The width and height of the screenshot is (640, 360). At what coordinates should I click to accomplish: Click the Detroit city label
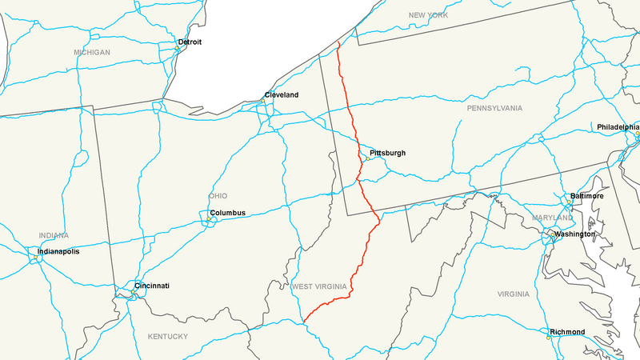[x=190, y=42]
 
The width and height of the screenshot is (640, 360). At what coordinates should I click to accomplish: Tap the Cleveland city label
[x=282, y=95]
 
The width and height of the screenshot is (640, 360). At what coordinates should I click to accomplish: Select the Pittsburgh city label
[x=388, y=153]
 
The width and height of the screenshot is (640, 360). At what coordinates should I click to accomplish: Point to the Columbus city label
[x=227, y=213]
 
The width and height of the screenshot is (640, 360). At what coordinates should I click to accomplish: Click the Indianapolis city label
[x=58, y=251]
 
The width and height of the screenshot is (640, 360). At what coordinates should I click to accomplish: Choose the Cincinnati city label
[x=151, y=286]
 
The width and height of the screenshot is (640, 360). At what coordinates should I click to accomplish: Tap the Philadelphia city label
[x=618, y=127]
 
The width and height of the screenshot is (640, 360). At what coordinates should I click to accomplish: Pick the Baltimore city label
[x=587, y=196]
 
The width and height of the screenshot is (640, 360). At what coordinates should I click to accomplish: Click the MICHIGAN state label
[x=92, y=53]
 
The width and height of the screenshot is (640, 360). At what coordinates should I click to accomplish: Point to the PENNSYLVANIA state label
[x=495, y=107]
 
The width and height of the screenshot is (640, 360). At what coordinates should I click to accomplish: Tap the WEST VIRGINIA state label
[x=318, y=286]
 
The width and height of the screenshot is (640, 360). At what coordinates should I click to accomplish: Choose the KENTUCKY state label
[x=167, y=336]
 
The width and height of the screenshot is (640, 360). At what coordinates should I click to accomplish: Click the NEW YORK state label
[x=427, y=15]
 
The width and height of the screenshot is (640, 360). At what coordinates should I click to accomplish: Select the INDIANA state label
[x=54, y=235]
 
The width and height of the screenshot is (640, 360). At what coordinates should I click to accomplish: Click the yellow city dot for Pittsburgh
[x=367, y=158]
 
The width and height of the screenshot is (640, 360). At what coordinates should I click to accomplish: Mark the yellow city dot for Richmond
[x=548, y=338]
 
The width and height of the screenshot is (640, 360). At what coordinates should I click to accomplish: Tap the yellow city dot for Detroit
[x=178, y=49]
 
